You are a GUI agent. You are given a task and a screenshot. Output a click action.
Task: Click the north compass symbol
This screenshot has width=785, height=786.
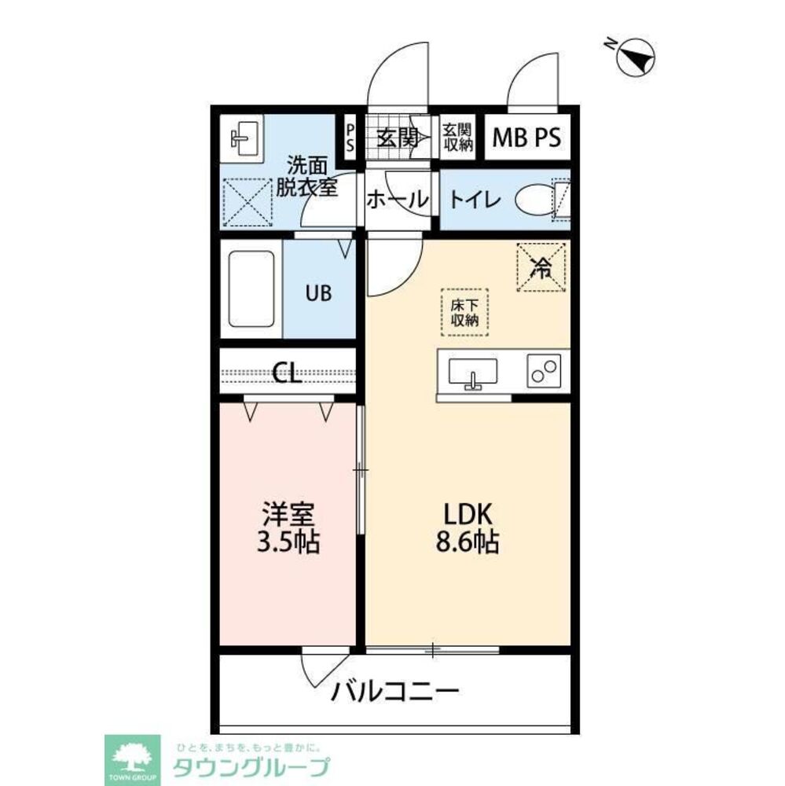tap(635, 57)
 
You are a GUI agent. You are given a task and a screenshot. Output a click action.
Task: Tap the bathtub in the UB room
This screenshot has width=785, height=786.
tap(251, 289)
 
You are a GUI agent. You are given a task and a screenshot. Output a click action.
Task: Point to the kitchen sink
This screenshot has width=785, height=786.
tap(473, 373)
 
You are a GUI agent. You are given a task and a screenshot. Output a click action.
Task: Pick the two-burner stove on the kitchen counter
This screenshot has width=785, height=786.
tap(544, 371)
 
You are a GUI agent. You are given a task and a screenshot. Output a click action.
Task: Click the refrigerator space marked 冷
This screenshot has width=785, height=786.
tap(541, 267)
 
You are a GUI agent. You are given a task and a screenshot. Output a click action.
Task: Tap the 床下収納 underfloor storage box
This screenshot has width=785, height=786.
tap(464, 312)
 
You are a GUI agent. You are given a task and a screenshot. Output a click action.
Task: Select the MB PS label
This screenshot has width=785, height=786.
tap(526, 138)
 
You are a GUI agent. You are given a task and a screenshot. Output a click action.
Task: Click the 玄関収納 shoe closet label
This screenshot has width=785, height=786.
tap(457, 138)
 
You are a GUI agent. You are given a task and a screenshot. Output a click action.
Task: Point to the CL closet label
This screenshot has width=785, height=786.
tap(288, 373)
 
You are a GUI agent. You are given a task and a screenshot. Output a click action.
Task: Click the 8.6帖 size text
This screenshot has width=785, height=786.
tap(468, 542)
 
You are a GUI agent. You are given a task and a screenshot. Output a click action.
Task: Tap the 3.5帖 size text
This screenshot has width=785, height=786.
tap(288, 541)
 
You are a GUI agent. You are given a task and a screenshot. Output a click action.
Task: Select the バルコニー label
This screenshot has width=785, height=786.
tap(395, 692)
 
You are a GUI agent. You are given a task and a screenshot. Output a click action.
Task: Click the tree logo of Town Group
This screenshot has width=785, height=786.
tap(132, 757)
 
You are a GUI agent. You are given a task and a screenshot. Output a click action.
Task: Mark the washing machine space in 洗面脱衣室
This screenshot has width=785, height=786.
tap(247, 203)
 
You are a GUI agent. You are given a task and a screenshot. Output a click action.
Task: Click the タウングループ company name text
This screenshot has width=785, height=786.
tap(251, 767)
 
